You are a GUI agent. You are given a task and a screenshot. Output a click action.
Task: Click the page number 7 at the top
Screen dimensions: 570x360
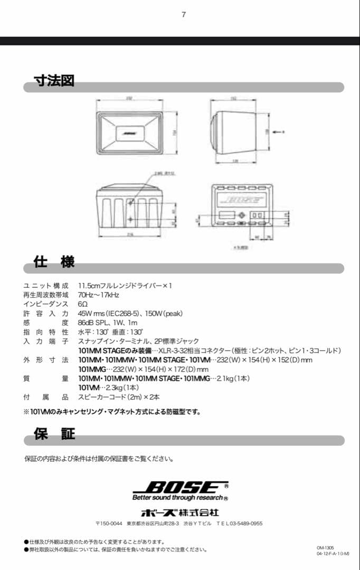click(184, 15)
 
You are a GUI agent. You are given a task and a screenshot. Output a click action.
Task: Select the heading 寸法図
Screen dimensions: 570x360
click(54, 81)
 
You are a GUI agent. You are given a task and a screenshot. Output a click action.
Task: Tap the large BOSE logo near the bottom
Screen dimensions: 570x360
click(179, 487)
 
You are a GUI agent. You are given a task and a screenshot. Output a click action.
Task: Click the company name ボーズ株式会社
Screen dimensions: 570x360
click(179, 512)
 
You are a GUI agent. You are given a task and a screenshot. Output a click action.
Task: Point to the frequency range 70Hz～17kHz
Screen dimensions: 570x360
click(99, 295)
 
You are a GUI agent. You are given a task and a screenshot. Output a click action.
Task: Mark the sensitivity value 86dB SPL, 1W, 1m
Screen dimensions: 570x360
click(107, 323)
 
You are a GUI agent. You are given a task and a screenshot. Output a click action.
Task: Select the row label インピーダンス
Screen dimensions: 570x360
click(46, 305)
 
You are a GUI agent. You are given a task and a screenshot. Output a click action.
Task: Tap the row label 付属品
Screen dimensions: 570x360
click(46, 397)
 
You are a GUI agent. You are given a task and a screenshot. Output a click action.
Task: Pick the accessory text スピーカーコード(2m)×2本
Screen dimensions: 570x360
click(119, 397)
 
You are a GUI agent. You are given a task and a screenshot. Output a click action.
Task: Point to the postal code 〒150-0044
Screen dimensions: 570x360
click(109, 524)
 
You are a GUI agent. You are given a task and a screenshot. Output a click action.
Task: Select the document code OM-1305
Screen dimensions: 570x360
click(325, 547)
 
